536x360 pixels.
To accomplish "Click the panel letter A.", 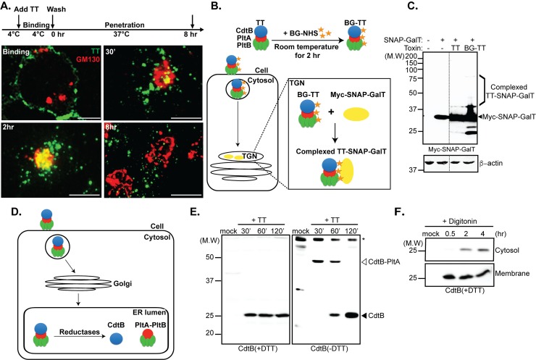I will click(7, 7).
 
